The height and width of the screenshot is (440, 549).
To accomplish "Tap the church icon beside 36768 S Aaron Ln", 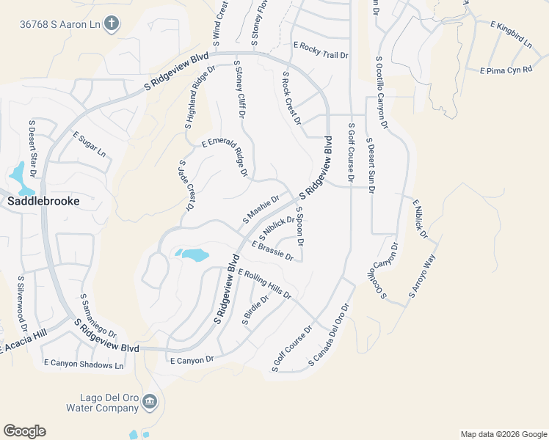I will tap(111, 23).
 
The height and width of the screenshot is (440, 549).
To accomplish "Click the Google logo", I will tap(24, 431).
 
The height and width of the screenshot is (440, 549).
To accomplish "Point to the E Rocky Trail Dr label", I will tap(321, 50).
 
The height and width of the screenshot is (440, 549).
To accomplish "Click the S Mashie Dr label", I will tap(261, 210).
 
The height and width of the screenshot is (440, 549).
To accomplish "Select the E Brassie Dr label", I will tap(272, 252).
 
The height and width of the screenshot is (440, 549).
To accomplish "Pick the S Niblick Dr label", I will tap(277, 227).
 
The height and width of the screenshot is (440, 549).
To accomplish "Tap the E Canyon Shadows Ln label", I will tap(84, 363).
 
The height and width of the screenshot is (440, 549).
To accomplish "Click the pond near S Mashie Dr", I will tap(193, 255).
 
